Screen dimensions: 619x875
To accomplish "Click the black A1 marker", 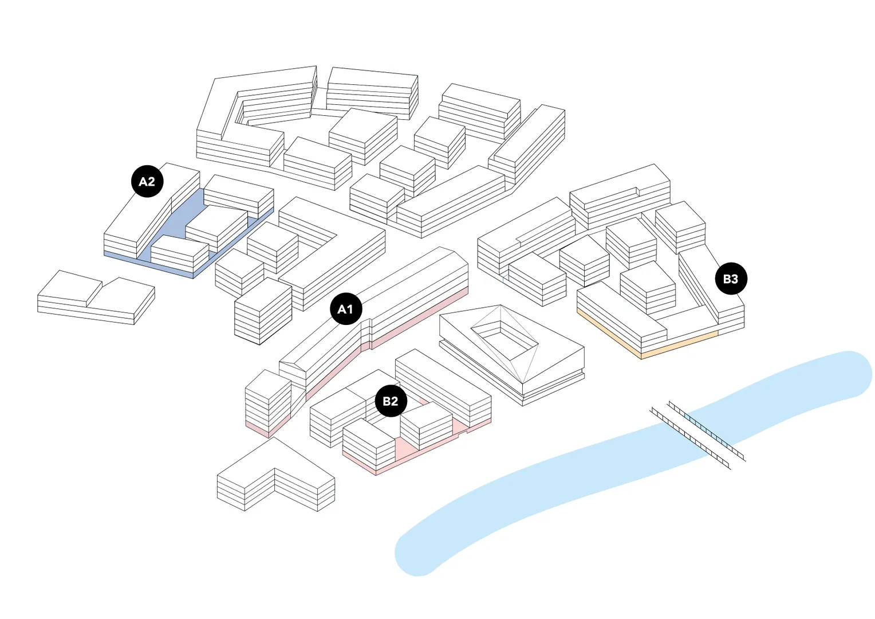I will tap(346, 309).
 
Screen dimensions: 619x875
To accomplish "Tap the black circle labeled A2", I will tap(147, 182).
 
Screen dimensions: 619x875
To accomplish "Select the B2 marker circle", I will tap(391, 401).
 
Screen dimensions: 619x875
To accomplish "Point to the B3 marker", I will tap(731, 279).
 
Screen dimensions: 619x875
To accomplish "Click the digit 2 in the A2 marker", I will tap(152, 182).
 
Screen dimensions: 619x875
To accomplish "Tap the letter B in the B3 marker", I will tap(727, 279).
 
